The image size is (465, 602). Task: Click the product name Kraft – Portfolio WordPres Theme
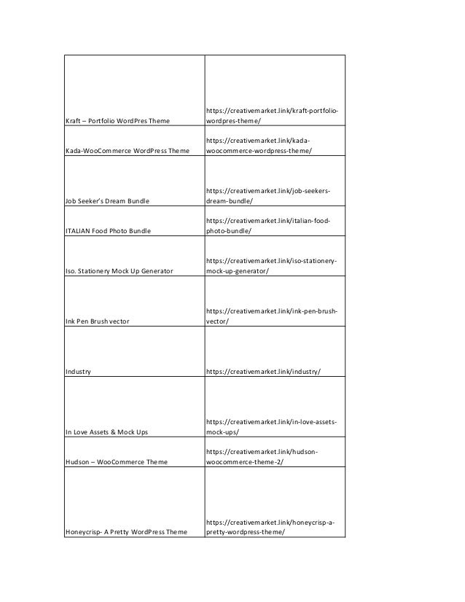click(x=117, y=120)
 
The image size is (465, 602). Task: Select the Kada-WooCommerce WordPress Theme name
click(x=128, y=151)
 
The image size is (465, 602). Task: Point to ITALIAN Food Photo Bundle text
click(x=108, y=231)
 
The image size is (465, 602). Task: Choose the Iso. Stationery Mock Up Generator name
click(x=119, y=271)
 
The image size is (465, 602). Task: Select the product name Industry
click(x=78, y=372)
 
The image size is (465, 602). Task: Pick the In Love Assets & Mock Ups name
click(x=106, y=431)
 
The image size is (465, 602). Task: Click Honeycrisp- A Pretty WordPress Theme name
click(x=126, y=532)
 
